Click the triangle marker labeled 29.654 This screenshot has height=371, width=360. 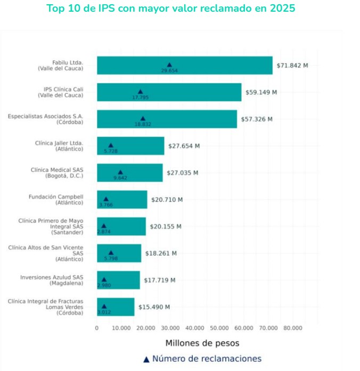[x=170, y=65]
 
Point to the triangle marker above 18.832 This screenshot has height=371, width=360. [x=142, y=119]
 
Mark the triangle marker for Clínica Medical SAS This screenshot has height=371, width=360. [x=120, y=172]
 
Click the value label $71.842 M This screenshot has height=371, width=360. [x=292, y=65]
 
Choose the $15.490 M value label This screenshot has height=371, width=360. [x=154, y=307]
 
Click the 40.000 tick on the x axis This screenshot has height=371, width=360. [x=195, y=328]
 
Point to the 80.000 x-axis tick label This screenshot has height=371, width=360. [x=293, y=328]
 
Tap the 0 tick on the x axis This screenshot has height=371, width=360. [x=97, y=328]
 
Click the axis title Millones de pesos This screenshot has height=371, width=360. [x=202, y=343]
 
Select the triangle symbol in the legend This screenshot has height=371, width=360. [x=146, y=359]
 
